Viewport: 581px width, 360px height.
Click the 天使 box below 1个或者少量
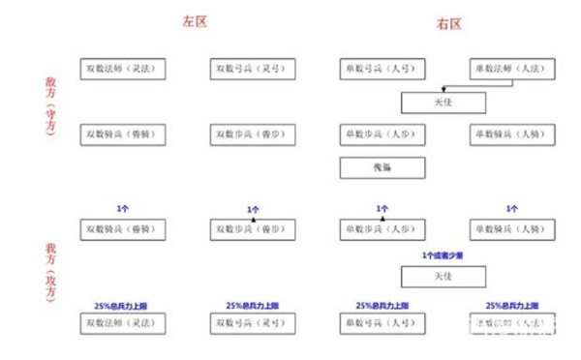pyautogui.click(x=443, y=277)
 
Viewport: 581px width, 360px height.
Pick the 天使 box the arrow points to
pyautogui.click(x=443, y=102)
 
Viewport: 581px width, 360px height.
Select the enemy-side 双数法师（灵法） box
pyautogui.click(x=124, y=70)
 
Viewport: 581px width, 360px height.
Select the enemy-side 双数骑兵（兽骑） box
pyautogui.click(x=124, y=134)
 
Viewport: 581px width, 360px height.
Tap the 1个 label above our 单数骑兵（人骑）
pyautogui.click(x=510, y=209)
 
